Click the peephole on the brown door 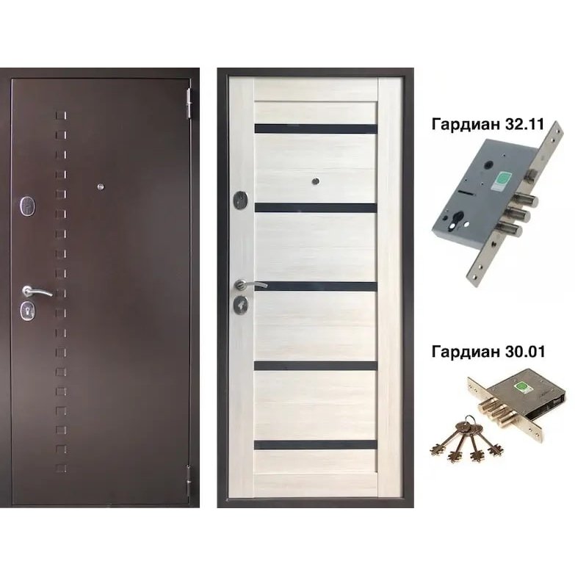(x=101, y=187)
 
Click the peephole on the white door (x=315, y=181)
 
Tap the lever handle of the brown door (x=37, y=292)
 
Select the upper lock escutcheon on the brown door (x=28, y=205)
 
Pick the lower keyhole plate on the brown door (x=28, y=310)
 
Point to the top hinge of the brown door (x=189, y=104)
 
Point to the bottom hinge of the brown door (x=189, y=481)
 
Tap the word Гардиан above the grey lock (x=465, y=125)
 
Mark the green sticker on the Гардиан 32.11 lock (x=502, y=180)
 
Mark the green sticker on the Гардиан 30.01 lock (x=521, y=386)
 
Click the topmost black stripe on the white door (x=316, y=129)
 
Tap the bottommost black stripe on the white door (x=315, y=445)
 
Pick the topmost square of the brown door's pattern (x=61, y=115)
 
